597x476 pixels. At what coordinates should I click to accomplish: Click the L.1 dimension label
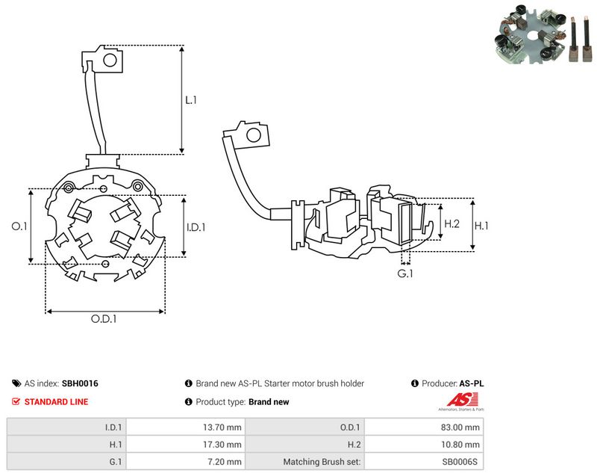click(x=191, y=100)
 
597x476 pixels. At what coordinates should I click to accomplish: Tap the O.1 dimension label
click(x=19, y=226)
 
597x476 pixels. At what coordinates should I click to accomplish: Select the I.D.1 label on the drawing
click(x=196, y=227)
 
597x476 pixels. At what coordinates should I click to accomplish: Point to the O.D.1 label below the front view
click(x=104, y=318)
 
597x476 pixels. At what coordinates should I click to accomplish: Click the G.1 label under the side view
click(x=404, y=273)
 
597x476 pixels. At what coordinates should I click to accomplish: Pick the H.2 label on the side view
click(x=452, y=223)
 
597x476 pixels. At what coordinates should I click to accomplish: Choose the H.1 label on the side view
click(x=481, y=226)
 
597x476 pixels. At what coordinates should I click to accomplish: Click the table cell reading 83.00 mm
click(x=460, y=427)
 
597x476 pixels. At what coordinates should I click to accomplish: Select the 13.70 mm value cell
click(x=222, y=427)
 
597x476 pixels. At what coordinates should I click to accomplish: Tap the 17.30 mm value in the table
click(x=222, y=445)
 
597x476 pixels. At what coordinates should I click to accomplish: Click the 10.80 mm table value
click(x=460, y=445)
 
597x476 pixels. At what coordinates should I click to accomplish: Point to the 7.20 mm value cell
click(x=225, y=462)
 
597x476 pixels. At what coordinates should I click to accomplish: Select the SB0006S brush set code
click(x=460, y=462)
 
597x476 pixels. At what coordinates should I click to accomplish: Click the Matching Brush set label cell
click(x=322, y=462)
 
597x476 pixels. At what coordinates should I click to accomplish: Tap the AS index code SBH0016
click(x=80, y=383)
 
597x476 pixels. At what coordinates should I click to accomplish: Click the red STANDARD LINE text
click(x=57, y=402)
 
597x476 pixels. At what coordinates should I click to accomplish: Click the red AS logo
click(x=462, y=400)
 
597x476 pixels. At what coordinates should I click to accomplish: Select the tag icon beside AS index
click(x=16, y=383)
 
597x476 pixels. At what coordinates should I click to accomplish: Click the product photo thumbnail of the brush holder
click(x=544, y=34)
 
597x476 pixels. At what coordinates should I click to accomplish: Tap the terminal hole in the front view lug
click(x=110, y=60)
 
